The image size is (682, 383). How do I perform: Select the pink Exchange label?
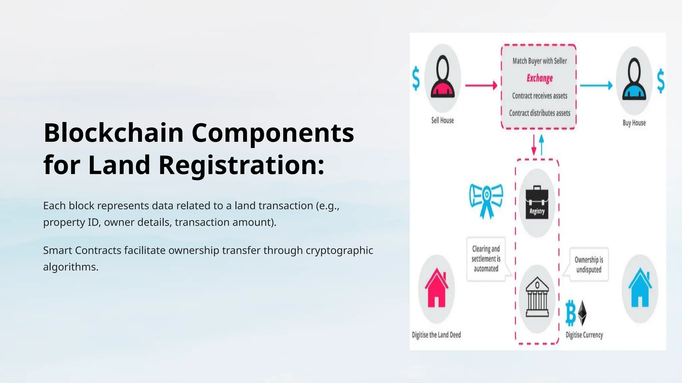pos(539,78)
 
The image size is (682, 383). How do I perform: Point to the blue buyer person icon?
pos(634,80)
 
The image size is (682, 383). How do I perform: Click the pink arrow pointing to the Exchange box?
pos(481,85)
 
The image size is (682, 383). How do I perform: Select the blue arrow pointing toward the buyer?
pos(596,85)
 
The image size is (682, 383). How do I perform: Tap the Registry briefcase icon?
pos(537,202)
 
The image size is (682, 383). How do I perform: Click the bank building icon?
pos(537,298)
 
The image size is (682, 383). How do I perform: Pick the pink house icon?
pos(437,288)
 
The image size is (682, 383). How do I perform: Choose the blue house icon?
pos(639,288)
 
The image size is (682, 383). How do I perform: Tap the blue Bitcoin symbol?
pos(571,313)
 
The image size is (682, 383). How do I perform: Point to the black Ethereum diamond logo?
pos(582,313)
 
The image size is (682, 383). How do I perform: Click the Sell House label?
pos(442,120)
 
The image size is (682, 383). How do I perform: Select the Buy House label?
pos(634,123)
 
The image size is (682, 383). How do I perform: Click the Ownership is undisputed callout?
pos(588,265)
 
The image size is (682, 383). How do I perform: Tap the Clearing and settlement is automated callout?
pos(486,259)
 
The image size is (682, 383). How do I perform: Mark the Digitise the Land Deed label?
pos(436,335)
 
